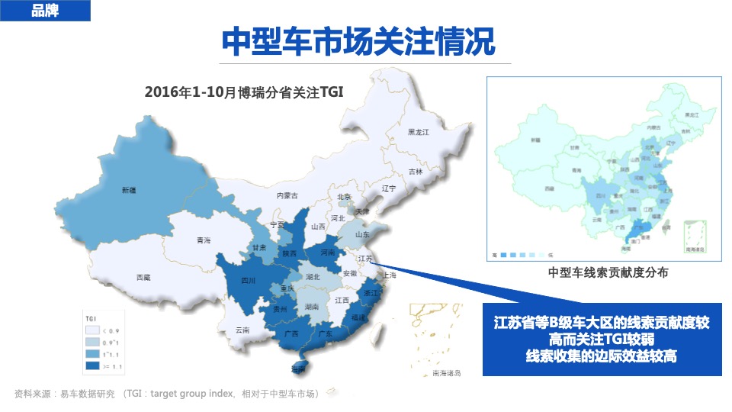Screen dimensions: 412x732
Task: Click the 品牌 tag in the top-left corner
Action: coord(45,11)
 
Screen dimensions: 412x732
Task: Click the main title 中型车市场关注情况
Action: coord(358,41)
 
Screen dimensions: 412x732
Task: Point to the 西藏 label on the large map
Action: coord(143,278)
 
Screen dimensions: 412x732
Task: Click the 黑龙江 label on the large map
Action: coord(419,133)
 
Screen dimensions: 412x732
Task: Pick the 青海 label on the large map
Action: coord(203,240)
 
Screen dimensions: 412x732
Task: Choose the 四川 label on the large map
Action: coord(248,281)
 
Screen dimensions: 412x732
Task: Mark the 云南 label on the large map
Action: coord(242,330)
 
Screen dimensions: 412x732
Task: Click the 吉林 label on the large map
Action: coord(415,172)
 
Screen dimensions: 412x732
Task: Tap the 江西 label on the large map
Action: coord(342,301)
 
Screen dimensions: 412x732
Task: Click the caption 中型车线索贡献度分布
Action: coord(607,272)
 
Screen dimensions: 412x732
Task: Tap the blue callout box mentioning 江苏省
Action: coord(602,340)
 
